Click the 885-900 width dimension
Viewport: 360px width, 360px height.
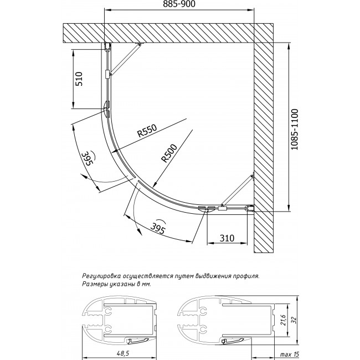179,4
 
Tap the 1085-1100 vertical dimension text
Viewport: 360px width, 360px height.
294,130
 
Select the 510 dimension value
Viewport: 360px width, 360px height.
79,79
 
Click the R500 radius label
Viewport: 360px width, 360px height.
169,153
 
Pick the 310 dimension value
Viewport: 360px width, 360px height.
227,238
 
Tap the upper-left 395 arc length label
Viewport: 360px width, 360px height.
87,158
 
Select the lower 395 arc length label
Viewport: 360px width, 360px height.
158,228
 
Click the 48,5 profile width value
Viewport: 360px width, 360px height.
119,353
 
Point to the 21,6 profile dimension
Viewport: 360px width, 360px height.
284,320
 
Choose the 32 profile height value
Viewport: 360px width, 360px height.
295,320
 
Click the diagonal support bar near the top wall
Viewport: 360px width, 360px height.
125,59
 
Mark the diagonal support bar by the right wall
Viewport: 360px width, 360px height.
237,191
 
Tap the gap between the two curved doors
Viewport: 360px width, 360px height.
136,179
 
